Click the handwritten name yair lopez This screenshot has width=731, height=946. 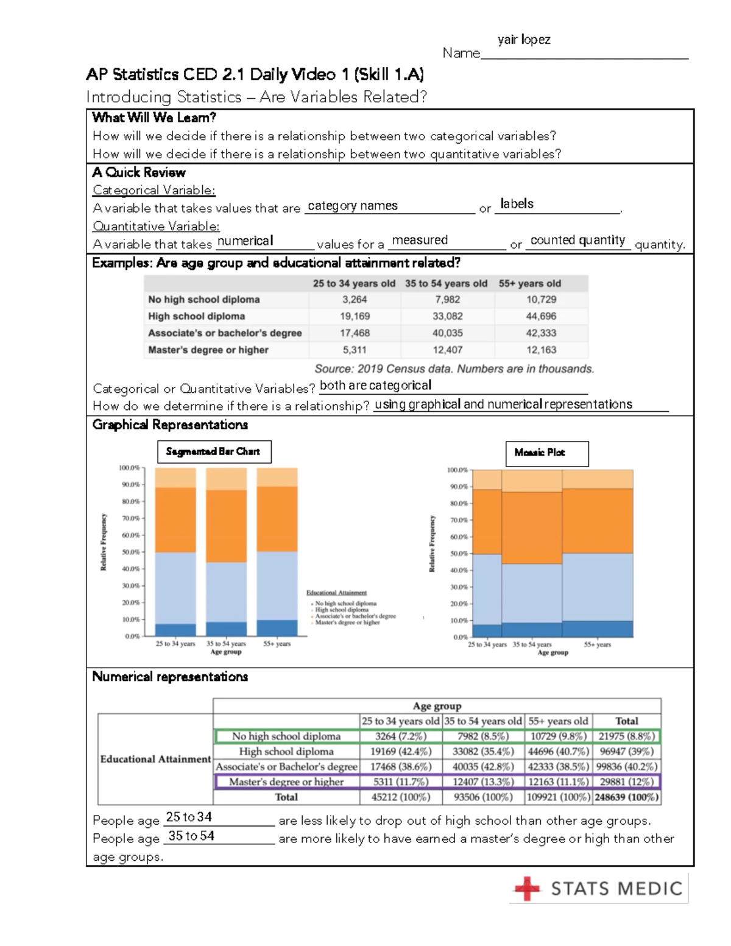pyautogui.click(x=524, y=40)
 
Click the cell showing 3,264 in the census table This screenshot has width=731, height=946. pyautogui.click(x=355, y=300)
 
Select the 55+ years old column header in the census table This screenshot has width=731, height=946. pyautogui.click(x=529, y=283)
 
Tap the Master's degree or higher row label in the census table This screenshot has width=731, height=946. pyautogui.click(x=208, y=350)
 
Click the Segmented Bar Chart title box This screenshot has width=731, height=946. pyautogui.click(x=213, y=452)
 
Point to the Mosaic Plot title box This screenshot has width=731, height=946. pyautogui.click(x=546, y=453)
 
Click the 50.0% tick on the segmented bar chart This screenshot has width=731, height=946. pyautogui.click(x=130, y=552)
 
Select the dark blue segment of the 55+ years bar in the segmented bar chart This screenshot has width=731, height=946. pyautogui.click(x=277, y=628)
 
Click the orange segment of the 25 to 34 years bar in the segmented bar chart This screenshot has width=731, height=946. pyautogui.click(x=175, y=520)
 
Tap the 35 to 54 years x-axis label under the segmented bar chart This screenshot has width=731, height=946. pyautogui.click(x=226, y=644)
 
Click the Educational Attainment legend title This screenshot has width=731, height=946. pyautogui.click(x=336, y=593)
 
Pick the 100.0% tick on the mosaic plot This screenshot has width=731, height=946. pyautogui.click(x=457, y=470)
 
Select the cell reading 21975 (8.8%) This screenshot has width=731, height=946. pyautogui.click(x=626, y=736)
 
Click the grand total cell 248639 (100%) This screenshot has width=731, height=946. pyautogui.click(x=626, y=797)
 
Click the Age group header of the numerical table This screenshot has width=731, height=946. pyautogui.click(x=437, y=706)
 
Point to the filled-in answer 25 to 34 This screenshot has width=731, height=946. pyautogui.click(x=189, y=817)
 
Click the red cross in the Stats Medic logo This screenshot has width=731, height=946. pyautogui.click(x=527, y=889)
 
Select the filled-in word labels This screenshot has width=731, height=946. pyautogui.click(x=517, y=204)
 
